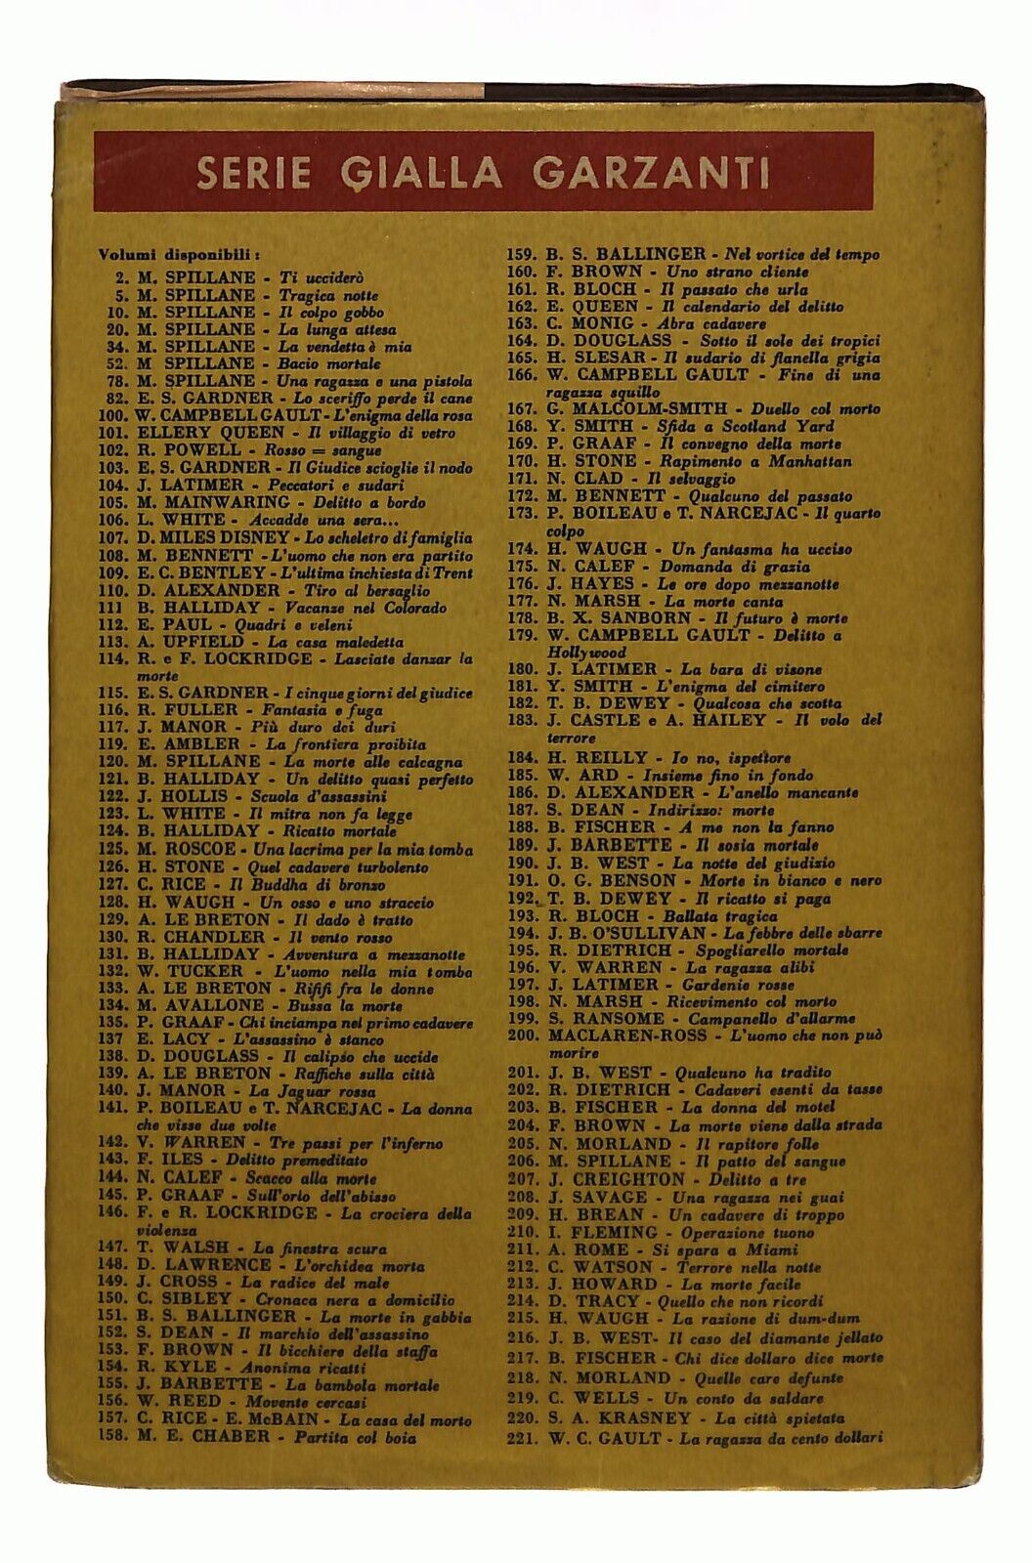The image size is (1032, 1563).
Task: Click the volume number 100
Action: (114, 415)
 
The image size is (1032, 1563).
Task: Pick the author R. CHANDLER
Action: (201, 937)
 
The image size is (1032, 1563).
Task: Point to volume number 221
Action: (524, 1437)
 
